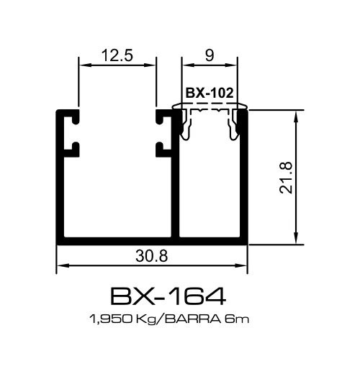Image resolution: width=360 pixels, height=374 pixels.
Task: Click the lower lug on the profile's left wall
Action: click(72, 149)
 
